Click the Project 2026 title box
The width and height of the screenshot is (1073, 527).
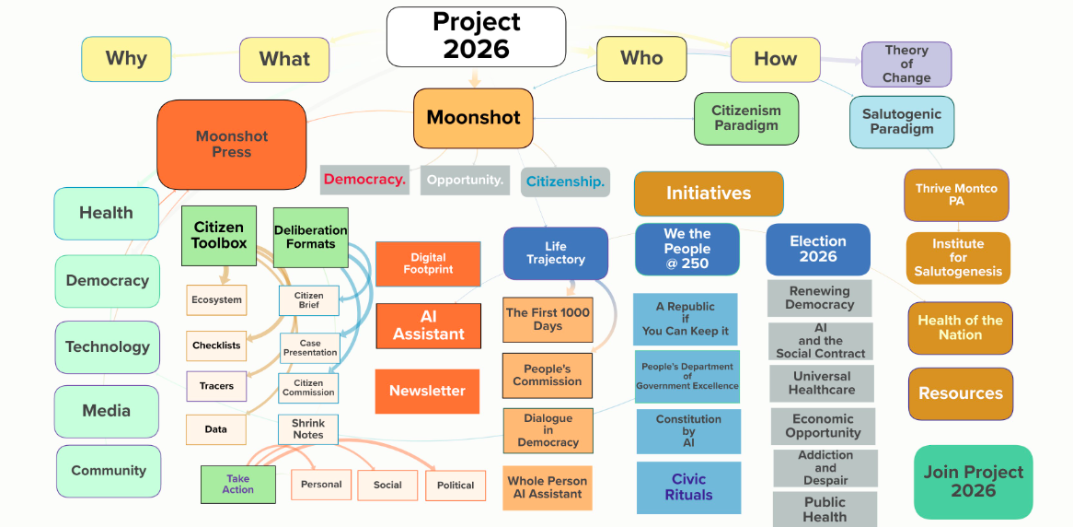coord(476,36)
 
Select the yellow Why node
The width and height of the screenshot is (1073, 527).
coord(126,59)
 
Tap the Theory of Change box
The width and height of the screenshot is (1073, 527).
coord(906,64)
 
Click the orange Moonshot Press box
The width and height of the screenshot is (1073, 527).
coord(231,145)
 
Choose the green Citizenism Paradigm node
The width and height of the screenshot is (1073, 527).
coord(745,118)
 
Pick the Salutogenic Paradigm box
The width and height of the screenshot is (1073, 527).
coord(901,122)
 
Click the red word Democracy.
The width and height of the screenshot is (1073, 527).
coord(364,180)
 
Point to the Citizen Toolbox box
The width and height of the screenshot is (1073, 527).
coord(219,235)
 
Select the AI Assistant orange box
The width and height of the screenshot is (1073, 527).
coord(428,325)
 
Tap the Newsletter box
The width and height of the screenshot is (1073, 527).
coord(427,391)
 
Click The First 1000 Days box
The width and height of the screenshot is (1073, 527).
coord(548,319)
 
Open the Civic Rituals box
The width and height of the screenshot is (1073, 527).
coord(688,487)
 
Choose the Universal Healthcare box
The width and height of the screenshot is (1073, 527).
coord(821,383)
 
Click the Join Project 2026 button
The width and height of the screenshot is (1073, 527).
coord(973,481)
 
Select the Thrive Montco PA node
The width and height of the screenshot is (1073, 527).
coord(956,194)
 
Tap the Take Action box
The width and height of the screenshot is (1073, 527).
coord(238,484)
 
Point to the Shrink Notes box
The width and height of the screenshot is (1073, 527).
coord(308,428)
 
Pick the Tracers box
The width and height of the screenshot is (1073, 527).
coord(216,386)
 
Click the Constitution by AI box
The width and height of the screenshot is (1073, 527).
coord(688,431)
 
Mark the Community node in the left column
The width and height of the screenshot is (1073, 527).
coord(109,471)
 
